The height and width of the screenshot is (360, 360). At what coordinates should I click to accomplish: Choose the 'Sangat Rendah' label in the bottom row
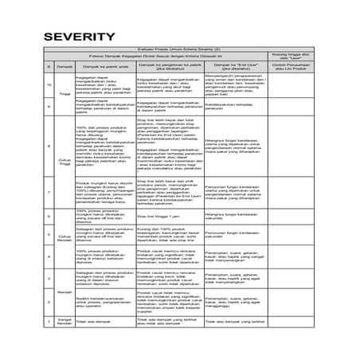tap(65, 320)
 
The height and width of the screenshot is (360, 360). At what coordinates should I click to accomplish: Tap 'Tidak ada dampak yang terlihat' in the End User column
tap(236, 319)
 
